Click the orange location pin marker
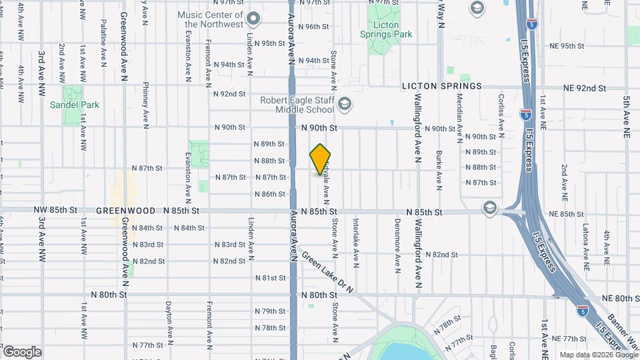click(x=321, y=159)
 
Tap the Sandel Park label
click(x=74, y=105)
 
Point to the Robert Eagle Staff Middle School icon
click(x=345, y=103)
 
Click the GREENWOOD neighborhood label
click(x=121, y=211)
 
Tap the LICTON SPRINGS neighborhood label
click(x=441, y=87)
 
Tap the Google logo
click(x=22, y=351)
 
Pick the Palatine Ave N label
click(x=103, y=43)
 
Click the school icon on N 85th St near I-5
click(x=491, y=208)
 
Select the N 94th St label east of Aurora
click(x=313, y=61)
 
